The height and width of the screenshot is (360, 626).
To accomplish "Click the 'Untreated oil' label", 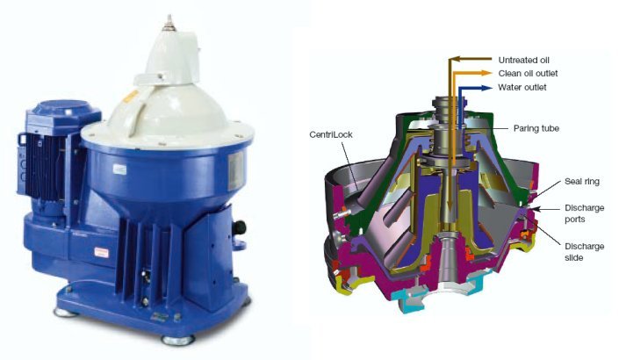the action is (x=524, y=61).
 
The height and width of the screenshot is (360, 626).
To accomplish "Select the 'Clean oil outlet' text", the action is (x=528, y=74).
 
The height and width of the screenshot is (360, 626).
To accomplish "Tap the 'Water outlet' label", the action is (x=522, y=88).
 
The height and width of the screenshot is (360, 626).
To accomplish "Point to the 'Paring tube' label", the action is (x=536, y=128).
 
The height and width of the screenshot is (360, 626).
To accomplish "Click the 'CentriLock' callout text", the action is (x=331, y=134).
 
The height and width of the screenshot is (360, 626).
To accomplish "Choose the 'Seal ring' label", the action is (x=582, y=182).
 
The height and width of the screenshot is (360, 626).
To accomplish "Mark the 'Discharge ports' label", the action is (x=585, y=213).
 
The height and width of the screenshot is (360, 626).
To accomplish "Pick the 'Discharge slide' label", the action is (x=585, y=252).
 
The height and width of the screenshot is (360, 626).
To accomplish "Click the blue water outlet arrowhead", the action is (x=486, y=88).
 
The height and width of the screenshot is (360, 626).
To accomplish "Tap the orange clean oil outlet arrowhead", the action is (x=486, y=73).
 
